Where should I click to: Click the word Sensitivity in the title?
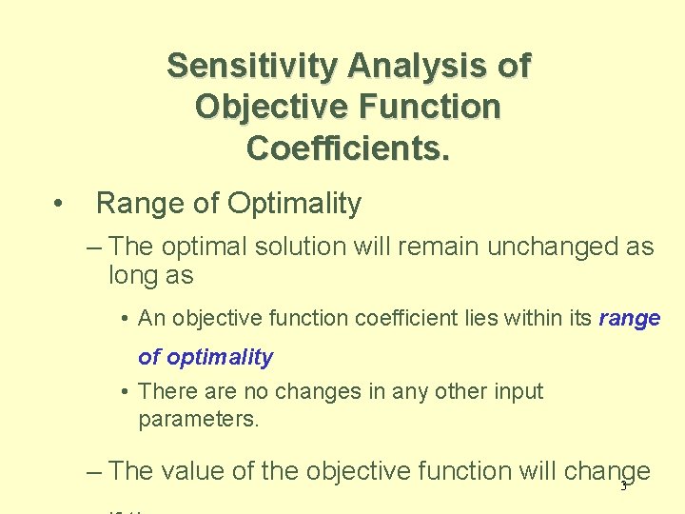point(252,66)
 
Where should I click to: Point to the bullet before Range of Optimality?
point(59,203)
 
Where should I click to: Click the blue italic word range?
point(629,319)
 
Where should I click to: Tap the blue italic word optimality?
point(218,358)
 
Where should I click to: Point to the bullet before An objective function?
point(126,319)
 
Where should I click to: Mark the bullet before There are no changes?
point(126,391)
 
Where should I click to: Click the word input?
point(517,391)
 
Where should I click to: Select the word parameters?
point(198,419)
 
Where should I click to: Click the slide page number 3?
point(623,486)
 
